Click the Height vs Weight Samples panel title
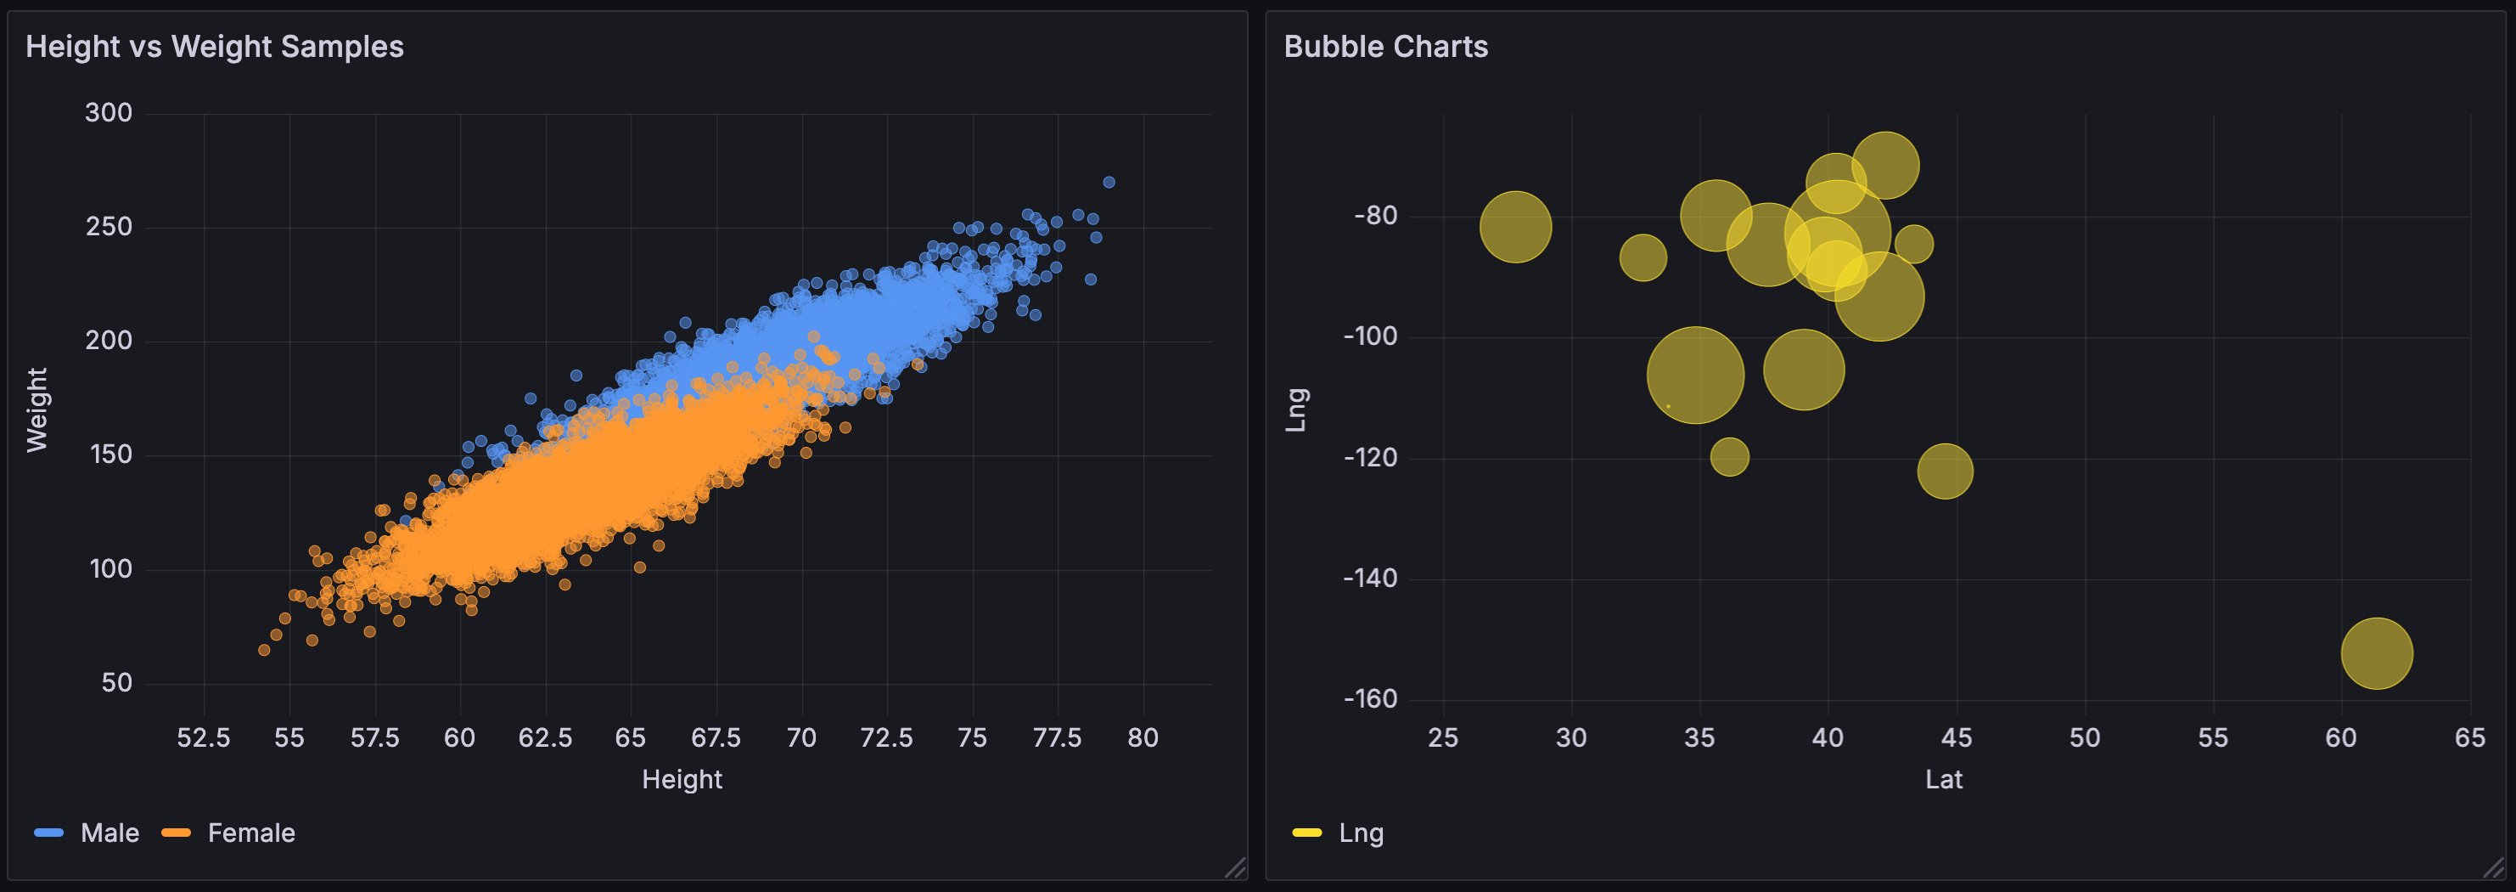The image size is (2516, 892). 214,47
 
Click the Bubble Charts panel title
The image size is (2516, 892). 1385,47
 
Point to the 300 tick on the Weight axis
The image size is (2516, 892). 109,113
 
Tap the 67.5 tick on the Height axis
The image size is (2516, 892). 715,737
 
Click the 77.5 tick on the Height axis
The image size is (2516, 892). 1057,737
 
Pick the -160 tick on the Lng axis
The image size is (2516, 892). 1369,699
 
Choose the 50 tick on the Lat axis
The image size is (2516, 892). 2084,737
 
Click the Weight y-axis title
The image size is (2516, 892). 37,409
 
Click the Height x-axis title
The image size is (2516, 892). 682,780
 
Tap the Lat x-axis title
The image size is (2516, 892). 1943,780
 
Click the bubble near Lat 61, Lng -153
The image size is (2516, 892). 2376,653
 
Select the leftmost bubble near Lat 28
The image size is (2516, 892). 1515,227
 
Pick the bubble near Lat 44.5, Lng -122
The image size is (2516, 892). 1945,471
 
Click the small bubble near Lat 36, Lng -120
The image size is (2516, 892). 1729,456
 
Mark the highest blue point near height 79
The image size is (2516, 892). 1109,183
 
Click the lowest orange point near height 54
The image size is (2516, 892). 264,650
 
